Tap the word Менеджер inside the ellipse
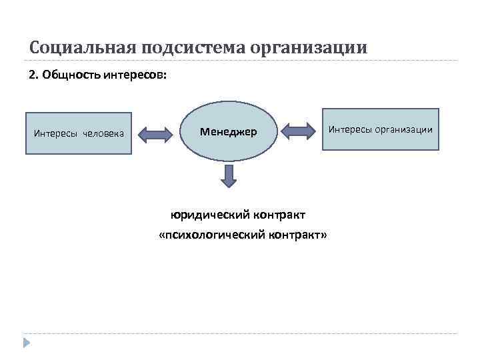(x=229, y=132)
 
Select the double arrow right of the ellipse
(x=299, y=131)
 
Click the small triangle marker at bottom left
(x=26, y=343)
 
